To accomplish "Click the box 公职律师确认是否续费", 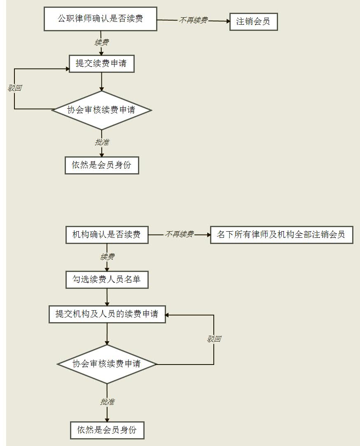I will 101,19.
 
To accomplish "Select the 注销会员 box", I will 253,21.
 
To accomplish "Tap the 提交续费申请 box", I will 102,64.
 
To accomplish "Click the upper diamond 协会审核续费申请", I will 102,110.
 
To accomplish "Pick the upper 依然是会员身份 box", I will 102,165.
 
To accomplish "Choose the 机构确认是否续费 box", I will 107,235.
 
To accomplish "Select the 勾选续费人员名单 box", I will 107,280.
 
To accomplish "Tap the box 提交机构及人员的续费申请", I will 107,314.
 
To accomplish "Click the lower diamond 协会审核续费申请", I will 107,364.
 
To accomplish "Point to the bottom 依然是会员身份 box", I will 107,430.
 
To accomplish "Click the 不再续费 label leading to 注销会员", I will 193,20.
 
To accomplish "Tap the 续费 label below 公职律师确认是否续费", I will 102,42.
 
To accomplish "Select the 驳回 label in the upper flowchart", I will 15,88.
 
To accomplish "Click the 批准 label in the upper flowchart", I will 102,142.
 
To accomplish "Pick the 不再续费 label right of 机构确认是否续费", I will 179,235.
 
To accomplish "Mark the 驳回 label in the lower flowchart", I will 214,339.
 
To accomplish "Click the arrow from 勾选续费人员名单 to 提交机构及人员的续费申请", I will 107,297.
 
